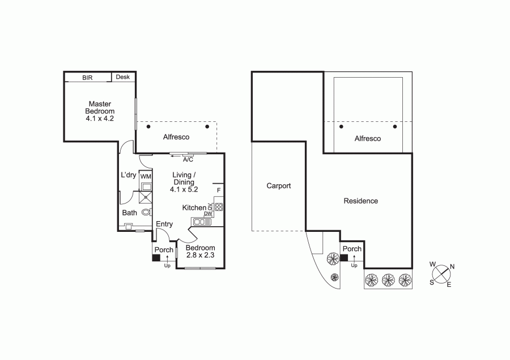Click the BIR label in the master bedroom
87,78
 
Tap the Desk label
122,77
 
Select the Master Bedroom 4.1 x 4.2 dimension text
100,118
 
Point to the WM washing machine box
146,176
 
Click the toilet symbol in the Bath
147,212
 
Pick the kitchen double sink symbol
202,222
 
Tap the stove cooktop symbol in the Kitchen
219,207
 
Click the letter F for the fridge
219,190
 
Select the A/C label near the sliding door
188,160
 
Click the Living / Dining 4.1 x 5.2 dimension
184,189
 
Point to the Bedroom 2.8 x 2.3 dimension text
201,255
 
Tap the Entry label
164,224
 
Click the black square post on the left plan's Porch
156,258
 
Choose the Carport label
279,186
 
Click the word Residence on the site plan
361,201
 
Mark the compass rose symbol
441,274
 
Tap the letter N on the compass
452,266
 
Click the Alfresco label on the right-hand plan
368,139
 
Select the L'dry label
129,175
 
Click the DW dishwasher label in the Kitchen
208,214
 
